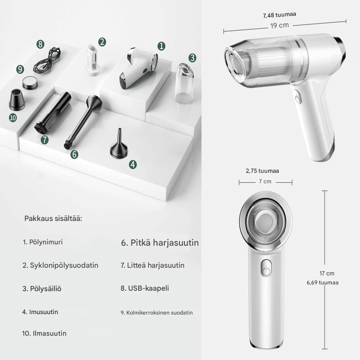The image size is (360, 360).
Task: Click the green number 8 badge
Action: coord(40,44)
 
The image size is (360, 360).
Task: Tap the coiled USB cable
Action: coord(47,60)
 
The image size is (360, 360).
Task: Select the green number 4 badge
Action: coord(133,164)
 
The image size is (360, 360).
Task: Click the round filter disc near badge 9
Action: coord(30,82)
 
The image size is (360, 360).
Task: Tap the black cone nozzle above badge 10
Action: coord(17,99)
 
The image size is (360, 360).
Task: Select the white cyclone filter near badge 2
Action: coord(92,61)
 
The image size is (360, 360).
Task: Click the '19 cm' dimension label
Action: coord(279,25)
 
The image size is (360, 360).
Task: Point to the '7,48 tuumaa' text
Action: coord(279,15)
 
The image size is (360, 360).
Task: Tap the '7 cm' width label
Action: coord(265,181)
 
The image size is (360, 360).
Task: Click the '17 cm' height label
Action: coord(327,274)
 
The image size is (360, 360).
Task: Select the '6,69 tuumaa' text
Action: coord(323,283)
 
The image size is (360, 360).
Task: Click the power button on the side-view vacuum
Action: coord(297,98)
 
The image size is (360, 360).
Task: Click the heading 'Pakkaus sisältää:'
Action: coord(53,218)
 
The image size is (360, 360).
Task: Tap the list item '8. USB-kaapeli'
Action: coord(145,288)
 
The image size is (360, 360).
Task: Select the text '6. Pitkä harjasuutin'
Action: coord(160,243)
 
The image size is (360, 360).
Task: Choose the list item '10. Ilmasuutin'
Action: coord(44,333)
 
